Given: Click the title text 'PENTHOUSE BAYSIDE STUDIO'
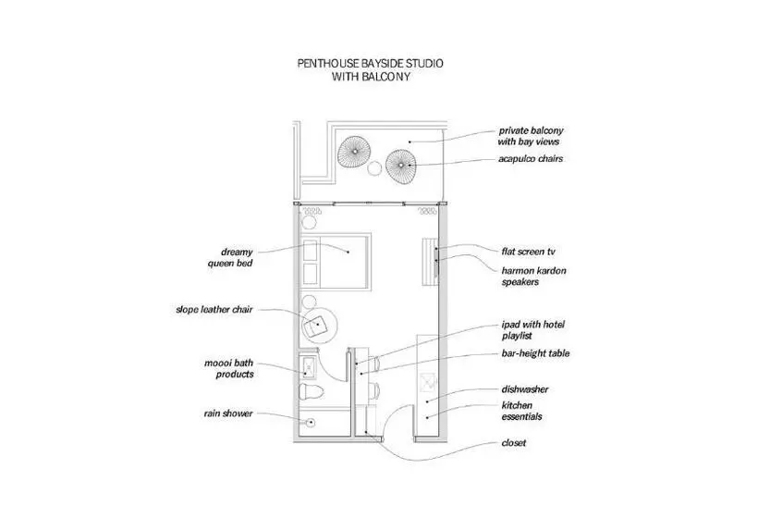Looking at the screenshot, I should (x=369, y=65).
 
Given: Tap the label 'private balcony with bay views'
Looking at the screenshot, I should (x=530, y=136).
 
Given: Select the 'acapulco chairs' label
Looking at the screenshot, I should (x=530, y=158).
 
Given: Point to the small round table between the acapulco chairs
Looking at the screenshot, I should (x=375, y=169).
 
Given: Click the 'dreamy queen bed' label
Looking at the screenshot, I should (x=231, y=257).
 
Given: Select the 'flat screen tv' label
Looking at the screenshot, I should (x=528, y=251).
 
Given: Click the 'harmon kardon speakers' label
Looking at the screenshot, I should (x=533, y=277).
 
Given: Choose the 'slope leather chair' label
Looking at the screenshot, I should (x=214, y=310).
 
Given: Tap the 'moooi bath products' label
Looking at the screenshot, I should (x=229, y=368).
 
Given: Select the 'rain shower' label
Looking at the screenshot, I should (x=228, y=413).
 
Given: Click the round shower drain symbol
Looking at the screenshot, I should (x=312, y=421).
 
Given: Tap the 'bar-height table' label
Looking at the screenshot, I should (x=535, y=353).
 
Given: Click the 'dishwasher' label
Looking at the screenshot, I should (x=526, y=389).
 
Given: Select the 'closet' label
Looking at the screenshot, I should (x=513, y=443).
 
